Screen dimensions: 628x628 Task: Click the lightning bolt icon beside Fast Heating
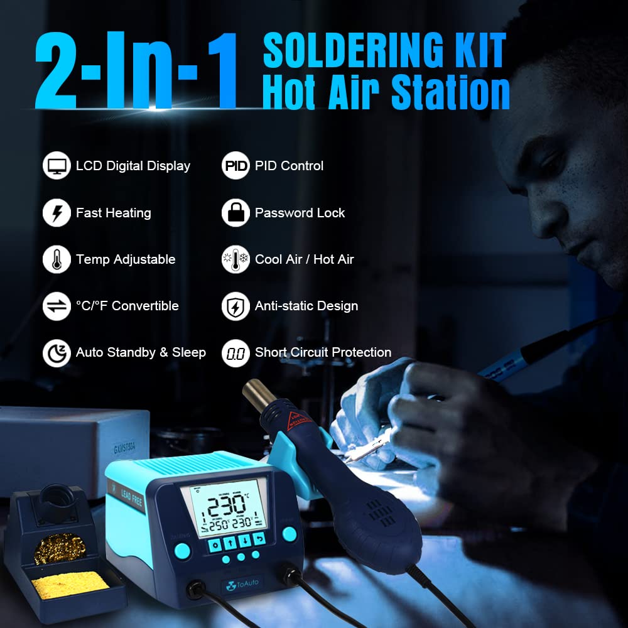point(57,213)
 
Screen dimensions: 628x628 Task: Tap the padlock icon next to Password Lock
point(235,213)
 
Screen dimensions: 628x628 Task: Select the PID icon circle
point(235,166)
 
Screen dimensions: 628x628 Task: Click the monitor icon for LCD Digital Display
point(57,166)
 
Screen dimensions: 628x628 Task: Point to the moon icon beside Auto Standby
point(57,353)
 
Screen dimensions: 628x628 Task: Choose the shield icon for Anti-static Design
point(235,306)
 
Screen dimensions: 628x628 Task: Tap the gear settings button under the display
point(216,541)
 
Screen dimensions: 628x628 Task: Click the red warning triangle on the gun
point(294,418)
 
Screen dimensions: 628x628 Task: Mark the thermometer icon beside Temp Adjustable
point(57,259)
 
